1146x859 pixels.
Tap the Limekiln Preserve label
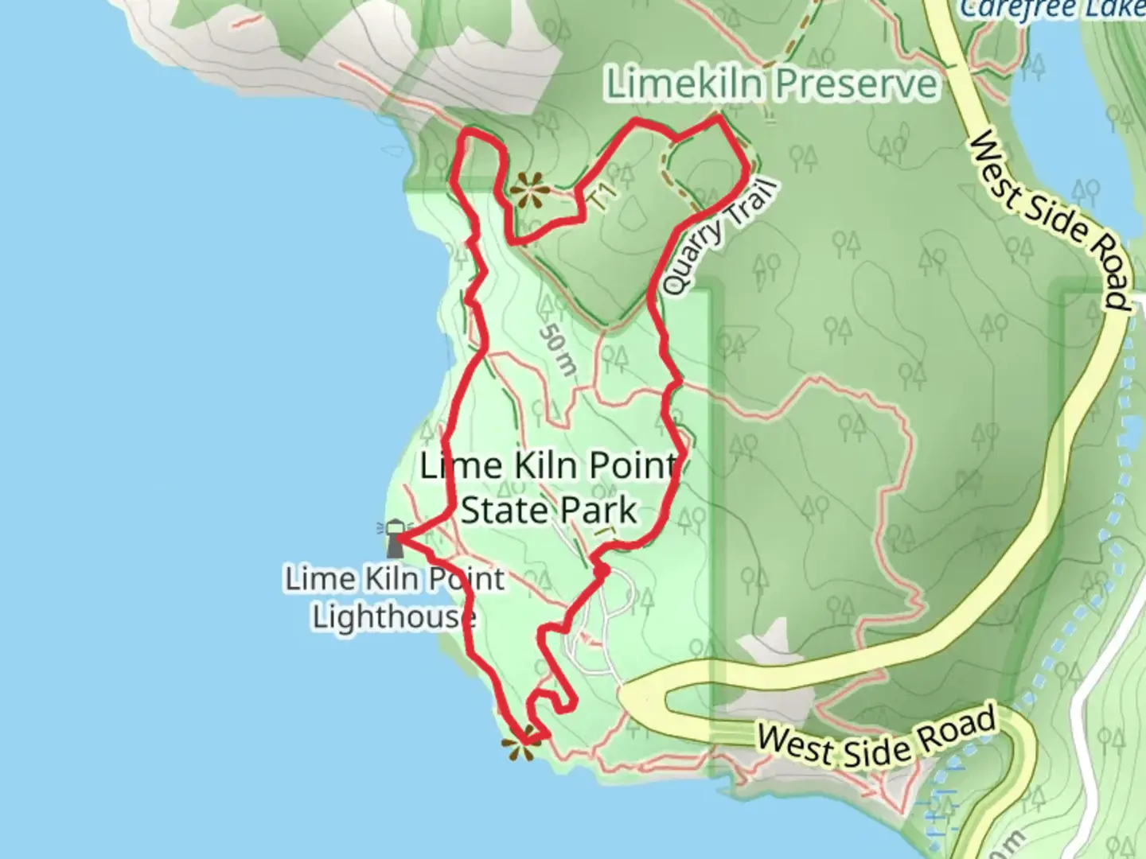coord(771,84)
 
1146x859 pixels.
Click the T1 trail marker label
coord(604,196)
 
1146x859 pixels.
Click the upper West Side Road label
coord(1048,220)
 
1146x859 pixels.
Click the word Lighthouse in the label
coord(393,617)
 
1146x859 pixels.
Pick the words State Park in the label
coord(549,511)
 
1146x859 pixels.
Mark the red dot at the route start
coord(602,570)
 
